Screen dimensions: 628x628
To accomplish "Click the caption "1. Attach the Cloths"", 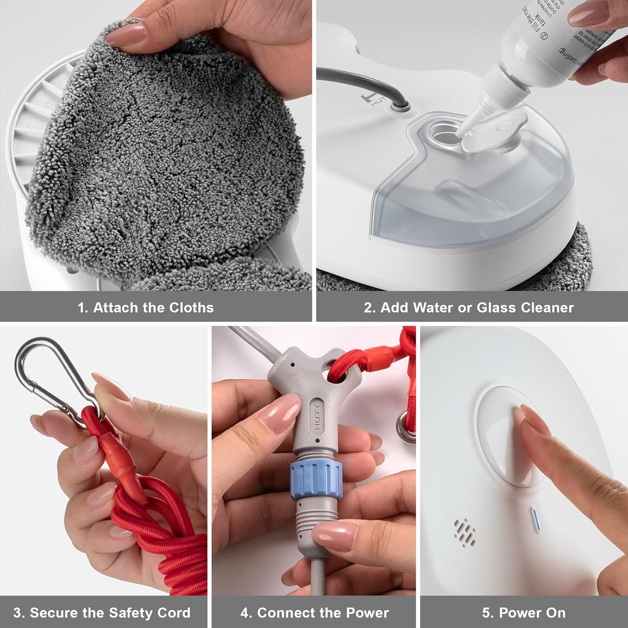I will point(145,307).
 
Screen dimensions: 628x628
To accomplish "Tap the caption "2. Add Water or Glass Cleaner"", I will point(468,307).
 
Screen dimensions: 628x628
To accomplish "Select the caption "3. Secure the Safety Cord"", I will point(102,613).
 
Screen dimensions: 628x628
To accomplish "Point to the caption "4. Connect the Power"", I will point(314,613).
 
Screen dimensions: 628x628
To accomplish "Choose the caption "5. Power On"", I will point(523,613).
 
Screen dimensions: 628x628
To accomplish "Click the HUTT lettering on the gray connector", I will point(317,416).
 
